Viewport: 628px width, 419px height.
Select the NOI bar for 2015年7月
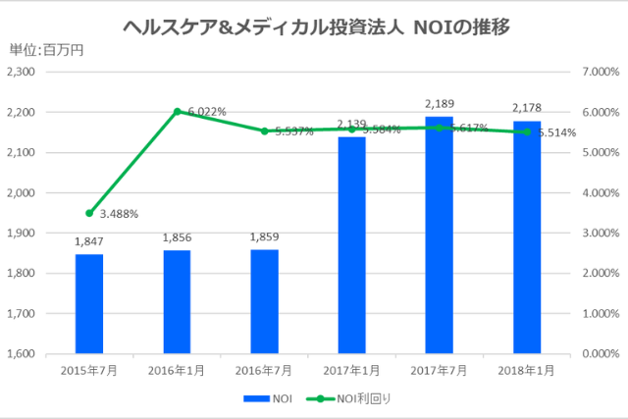click(x=89, y=303)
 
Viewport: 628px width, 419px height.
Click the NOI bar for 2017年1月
click(x=351, y=244)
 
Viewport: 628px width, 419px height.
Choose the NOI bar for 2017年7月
click(x=439, y=235)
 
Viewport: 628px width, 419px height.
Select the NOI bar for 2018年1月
click(x=526, y=236)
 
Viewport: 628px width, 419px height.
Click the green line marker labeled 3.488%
click(x=89, y=213)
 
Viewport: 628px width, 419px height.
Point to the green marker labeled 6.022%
click(x=177, y=111)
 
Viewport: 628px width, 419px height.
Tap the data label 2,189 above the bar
click(x=439, y=103)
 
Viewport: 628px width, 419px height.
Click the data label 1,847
click(x=89, y=240)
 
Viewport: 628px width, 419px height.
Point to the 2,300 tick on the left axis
click(x=20, y=73)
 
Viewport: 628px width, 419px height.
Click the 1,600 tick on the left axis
click(x=20, y=354)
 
